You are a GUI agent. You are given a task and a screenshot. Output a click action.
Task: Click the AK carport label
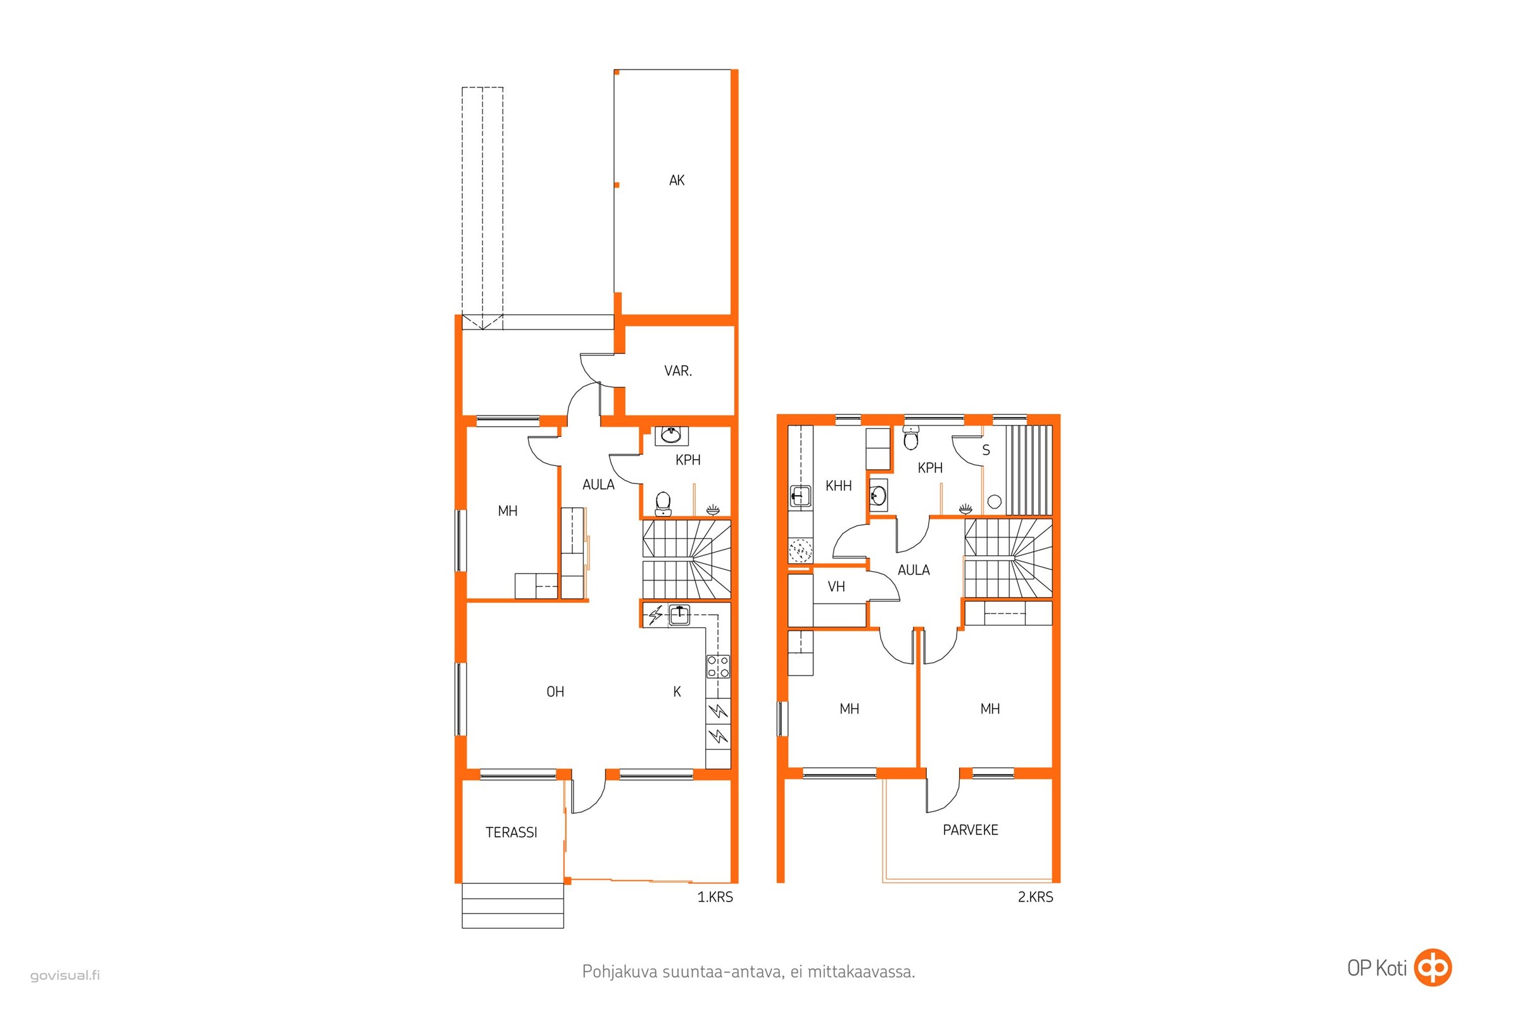coord(676,180)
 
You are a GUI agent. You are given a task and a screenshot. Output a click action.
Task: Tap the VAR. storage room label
coord(677,371)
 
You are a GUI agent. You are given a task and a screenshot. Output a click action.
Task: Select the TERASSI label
coord(511,832)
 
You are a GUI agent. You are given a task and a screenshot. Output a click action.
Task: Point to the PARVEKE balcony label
coord(970,829)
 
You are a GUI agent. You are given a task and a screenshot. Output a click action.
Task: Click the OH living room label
coord(555,692)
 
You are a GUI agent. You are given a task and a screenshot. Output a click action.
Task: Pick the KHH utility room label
coord(838,486)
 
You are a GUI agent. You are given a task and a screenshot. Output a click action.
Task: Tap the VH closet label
coord(836,587)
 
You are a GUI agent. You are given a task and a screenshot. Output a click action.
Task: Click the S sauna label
coord(986,450)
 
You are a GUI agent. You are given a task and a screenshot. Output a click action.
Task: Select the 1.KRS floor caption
coord(715,897)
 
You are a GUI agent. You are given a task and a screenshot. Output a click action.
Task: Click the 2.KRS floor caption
coord(1036,897)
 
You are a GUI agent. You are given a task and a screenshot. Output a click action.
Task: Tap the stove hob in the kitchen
coord(719,666)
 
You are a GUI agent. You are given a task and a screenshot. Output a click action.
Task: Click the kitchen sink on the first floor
coord(679,614)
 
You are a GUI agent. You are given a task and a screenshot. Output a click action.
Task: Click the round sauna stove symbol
coord(994,501)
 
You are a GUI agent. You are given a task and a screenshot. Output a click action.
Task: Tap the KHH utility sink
coord(800,496)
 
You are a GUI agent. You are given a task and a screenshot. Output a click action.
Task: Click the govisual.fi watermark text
coord(65,976)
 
